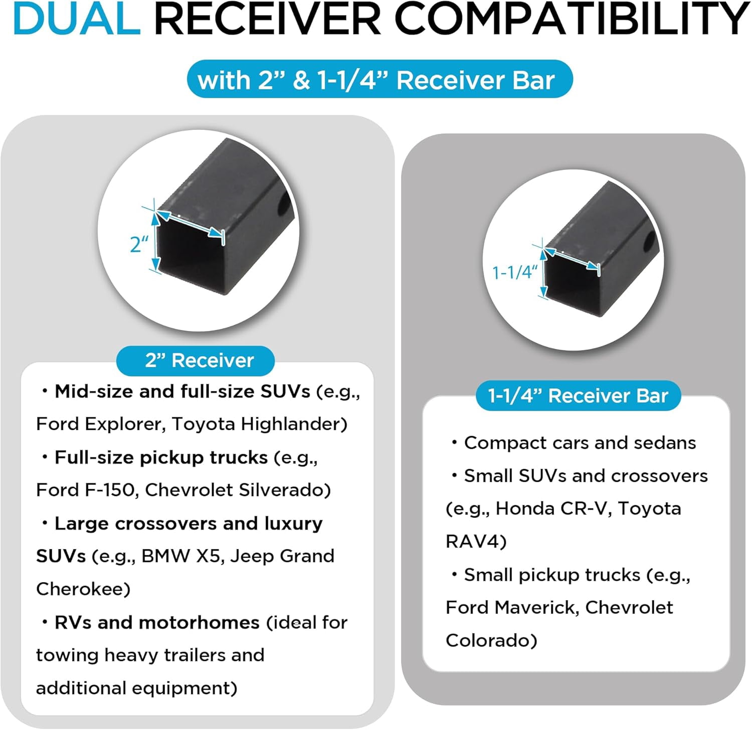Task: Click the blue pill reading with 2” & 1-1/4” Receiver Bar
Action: [x=380, y=79]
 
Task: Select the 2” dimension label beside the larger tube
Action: [x=139, y=244]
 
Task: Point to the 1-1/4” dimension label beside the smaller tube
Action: [x=515, y=272]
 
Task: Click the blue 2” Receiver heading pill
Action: [x=196, y=360]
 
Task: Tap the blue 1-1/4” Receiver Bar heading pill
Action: [x=578, y=396]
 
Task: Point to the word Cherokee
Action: [x=80, y=589]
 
